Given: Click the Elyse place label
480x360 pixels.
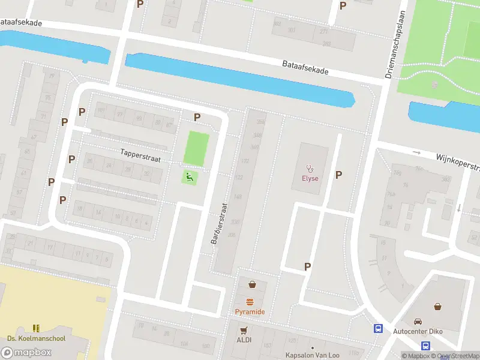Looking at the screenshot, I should click(x=310, y=178).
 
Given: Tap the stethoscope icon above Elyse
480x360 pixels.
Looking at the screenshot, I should click(x=310, y=169).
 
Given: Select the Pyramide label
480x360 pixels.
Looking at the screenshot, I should click(x=250, y=312).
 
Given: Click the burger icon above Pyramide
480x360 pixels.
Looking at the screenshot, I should click(x=250, y=302).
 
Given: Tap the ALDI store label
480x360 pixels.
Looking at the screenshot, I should click(x=244, y=340).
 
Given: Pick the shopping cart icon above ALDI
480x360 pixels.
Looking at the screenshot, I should click(x=244, y=330).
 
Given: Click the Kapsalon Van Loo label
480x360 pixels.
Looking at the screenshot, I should click(x=308, y=355).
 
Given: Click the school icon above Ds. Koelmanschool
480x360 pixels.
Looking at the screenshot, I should click(x=35, y=328).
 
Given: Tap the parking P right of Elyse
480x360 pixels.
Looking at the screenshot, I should click(x=339, y=175).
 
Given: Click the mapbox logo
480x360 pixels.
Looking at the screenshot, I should click(x=26, y=352).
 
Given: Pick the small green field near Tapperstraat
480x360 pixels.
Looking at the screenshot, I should click(x=196, y=148).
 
